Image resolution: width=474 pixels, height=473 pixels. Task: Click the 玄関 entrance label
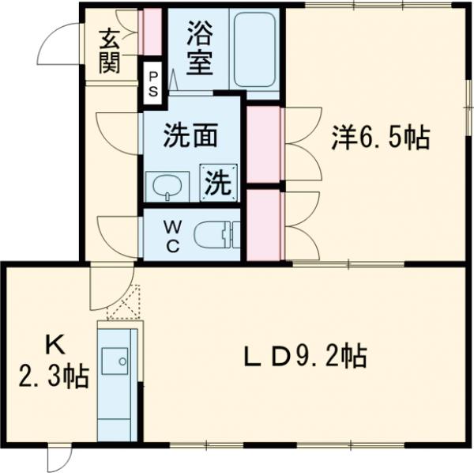tap(109, 50)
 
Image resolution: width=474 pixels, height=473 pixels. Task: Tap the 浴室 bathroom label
tap(199, 49)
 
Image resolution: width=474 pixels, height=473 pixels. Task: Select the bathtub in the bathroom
tap(257, 51)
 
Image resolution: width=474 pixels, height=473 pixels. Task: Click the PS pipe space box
tap(153, 83)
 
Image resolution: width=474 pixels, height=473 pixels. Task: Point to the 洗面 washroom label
tap(190, 137)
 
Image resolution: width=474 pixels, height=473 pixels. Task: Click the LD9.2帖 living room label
tap(303, 358)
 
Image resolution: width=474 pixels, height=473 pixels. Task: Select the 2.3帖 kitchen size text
tap(52, 376)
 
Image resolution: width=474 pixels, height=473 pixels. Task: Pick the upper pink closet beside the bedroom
tap(263, 144)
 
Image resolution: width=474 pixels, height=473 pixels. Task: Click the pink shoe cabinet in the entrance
tap(150, 32)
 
